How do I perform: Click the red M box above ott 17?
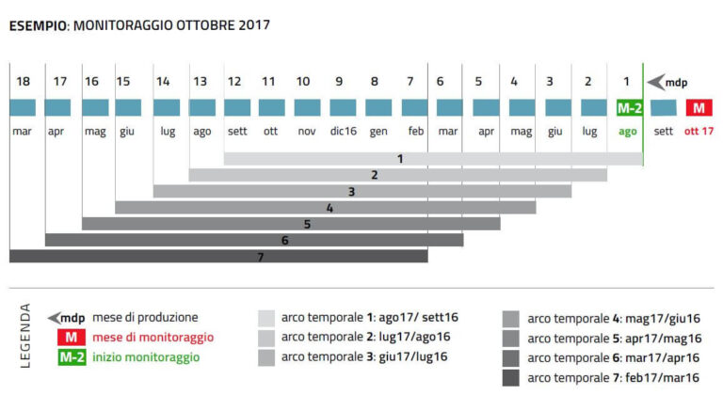coord(699,108)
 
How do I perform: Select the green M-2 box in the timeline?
coord(628,108)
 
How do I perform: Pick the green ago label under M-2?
coord(628,132)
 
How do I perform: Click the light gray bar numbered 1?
coord(433,159)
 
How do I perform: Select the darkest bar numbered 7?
coord(218,256)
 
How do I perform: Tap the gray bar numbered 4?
coord(326,207)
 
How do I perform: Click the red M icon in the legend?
coord(72,338)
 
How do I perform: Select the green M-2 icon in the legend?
coord(72,357)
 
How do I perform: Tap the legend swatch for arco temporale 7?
coord(512,377)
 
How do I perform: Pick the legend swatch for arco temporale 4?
coord(512,318)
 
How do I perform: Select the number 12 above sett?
coord(237,82)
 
